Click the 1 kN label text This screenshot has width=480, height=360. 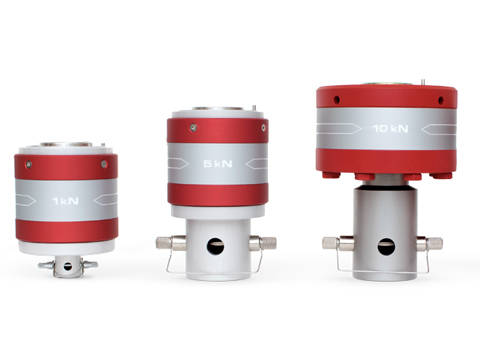pos(65,201)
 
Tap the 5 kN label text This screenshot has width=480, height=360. pos(217,164)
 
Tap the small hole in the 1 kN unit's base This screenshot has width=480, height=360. pos(67,264)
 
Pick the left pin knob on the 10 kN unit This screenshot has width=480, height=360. pos(331,242)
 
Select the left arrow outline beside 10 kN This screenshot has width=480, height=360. pos(343,128)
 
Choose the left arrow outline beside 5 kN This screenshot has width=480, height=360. pos(183,164)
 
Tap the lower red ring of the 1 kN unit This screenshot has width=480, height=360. pos(66,229)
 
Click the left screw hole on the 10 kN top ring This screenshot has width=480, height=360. pos(336,99)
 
